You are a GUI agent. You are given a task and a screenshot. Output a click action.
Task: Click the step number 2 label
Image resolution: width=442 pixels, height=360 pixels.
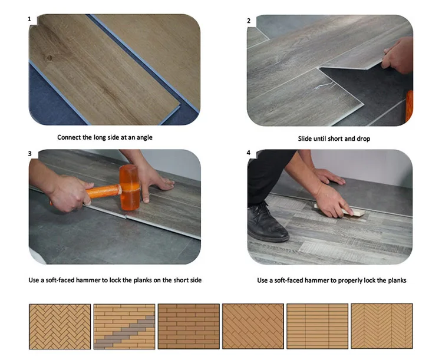pyautogui.click(x=249, y=21)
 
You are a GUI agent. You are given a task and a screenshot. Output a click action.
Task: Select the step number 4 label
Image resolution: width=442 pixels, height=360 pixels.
pyautogui.click(x=249, y=153)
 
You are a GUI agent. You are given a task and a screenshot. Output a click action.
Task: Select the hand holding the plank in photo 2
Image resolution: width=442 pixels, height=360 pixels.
pyautogui.click(x=398, y=56)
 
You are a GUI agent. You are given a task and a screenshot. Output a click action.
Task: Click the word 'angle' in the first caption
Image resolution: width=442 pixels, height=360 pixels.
pyautogui.click(x=144, y=137)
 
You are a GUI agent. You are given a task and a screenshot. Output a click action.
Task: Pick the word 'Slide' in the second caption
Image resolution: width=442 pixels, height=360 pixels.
pyautogui.click(x=306, y=139)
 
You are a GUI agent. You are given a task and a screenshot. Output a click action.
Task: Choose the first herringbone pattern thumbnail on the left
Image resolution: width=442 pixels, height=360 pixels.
pyautogui.click(x=60, y=326)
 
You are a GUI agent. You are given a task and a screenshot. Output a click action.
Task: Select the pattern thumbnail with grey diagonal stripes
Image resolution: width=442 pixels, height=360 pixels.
pyautogui.click(x=124, y=326)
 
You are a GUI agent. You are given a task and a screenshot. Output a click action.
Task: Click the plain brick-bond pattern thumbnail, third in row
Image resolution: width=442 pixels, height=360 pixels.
pyautogui.click(x=188, y=326)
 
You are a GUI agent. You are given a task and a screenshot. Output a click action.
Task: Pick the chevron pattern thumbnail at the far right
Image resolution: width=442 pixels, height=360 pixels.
pyautogui.click(x=381, y=326)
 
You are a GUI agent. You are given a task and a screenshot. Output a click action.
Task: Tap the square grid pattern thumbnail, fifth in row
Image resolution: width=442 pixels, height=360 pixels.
pyautogui.click(x=317, y=326)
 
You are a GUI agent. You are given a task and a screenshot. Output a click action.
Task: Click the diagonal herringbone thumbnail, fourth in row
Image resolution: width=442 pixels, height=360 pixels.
pyautogui.click(x=252, y=326)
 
